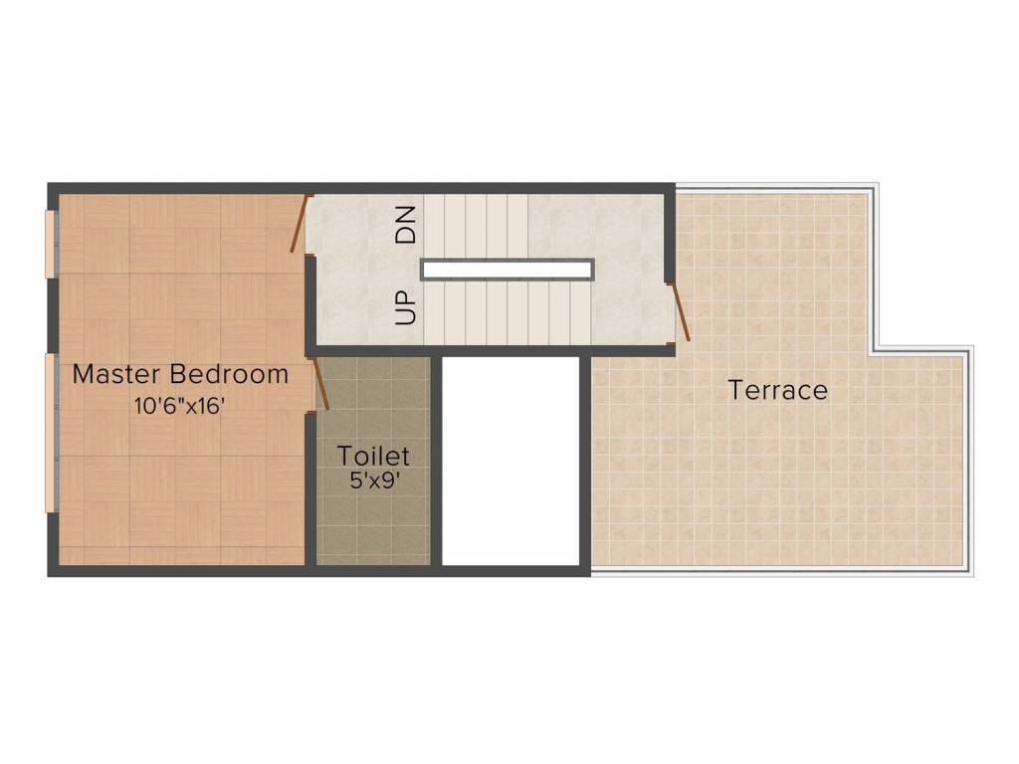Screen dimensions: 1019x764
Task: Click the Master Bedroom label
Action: tap(180, 374)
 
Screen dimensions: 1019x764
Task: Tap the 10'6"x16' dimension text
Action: tap(179, 406)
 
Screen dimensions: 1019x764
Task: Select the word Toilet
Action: tap(373, 456)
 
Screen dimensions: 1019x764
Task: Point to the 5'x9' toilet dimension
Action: tap(374, 480)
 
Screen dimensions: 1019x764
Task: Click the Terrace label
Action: tap(778, 390)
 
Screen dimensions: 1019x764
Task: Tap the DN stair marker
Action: tap(406, 224)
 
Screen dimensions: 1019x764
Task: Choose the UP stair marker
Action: tap(405, 307)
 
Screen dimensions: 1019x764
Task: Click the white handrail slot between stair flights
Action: tap(507, 270)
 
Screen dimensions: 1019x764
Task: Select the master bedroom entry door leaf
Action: tap(299, 222)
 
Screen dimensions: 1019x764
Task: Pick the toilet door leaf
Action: tap(321, 384)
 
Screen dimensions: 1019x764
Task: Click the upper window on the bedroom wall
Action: tap(51, 244)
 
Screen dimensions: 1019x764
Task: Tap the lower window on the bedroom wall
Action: tap(51, 434)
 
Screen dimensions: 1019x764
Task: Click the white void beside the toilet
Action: tap(510, 461)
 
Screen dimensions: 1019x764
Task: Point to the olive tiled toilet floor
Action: tap(373, 513)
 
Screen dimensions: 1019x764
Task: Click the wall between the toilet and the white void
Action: tap(437, 461)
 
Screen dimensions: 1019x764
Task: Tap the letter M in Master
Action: tap(84, 375)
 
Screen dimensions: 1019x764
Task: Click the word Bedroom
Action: tap(229, 374)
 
